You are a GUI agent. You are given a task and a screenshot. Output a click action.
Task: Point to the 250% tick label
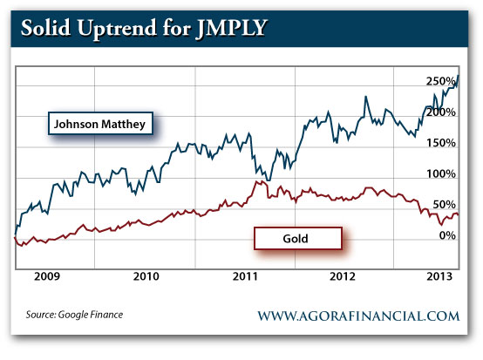tap(441, 81)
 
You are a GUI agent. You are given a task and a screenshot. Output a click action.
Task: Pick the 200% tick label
tap(441, 112)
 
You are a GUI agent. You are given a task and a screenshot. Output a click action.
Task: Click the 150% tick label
tap(441, 143)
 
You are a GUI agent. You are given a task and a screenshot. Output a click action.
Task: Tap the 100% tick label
tap(441, 173)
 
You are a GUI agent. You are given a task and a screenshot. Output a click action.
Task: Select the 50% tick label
tap(444, 204)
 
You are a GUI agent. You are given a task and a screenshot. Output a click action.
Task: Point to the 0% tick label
tap(446, 235)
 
